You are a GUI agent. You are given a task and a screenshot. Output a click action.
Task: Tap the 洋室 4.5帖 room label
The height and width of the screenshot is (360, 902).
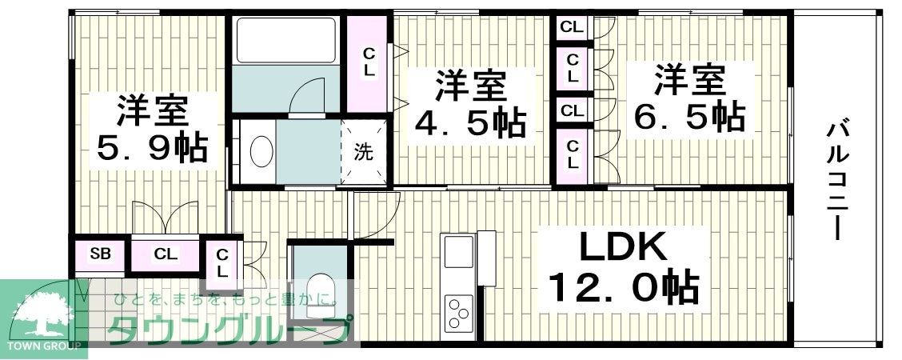(470, 104)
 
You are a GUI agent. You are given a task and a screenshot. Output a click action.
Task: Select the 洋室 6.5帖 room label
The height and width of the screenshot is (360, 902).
(689, 100)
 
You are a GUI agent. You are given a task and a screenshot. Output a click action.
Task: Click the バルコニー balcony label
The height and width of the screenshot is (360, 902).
(836, 179)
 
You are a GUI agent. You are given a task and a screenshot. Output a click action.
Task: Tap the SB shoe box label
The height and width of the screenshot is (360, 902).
(100, 255)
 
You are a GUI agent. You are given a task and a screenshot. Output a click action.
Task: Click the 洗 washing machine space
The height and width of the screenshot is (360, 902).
(364, 152)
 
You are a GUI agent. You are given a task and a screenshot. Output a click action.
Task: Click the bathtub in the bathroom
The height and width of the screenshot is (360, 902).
(286, 39)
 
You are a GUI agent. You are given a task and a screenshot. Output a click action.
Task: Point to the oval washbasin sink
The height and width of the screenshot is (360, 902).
(261, 151)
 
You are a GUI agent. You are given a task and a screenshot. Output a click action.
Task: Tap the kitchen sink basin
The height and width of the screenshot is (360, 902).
(458, 251)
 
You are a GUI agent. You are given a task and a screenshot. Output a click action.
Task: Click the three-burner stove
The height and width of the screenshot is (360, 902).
(458, 313)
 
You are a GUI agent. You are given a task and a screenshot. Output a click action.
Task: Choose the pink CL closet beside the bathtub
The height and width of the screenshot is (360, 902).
(368, 62)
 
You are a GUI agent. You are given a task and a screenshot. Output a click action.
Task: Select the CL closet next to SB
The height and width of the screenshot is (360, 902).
(166, 255)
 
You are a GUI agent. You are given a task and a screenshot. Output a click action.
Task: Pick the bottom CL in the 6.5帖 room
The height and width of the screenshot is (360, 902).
(573, 154)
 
